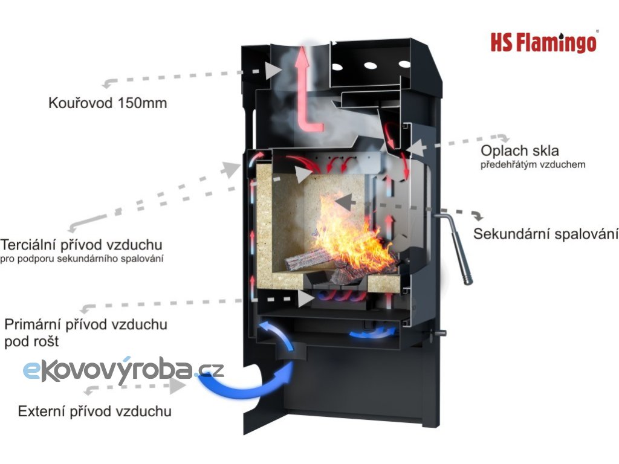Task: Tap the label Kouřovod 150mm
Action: coord(108,103)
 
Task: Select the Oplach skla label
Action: coord(520,150)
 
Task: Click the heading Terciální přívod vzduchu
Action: coord(82,245)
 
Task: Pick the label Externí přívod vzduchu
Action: coord(95,412)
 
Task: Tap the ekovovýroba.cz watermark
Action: coord(123,369)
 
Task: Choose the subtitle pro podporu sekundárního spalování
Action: coord(83,259)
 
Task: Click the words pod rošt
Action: coord(31,341)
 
